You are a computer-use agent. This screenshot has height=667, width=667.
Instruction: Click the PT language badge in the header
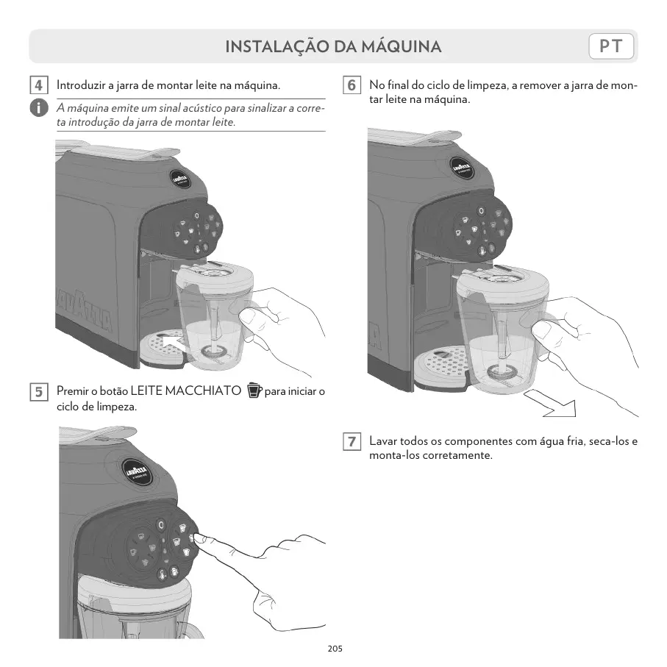(611, 46)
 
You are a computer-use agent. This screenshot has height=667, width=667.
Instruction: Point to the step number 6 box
(352, 85)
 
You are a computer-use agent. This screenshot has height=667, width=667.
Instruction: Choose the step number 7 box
(352, 442)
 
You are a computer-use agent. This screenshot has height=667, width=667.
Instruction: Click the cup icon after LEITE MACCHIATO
(254, 390)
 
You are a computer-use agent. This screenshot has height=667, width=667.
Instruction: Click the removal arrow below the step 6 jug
(552, 404)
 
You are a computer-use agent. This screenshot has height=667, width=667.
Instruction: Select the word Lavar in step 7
(382, 442)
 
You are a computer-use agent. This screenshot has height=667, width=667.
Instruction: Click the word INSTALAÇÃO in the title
(277, 47)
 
